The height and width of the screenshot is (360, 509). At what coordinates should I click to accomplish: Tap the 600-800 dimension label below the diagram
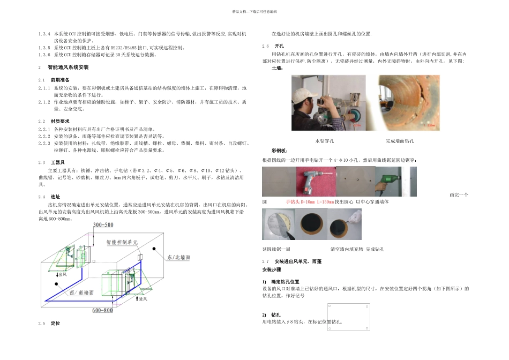coord(103,310)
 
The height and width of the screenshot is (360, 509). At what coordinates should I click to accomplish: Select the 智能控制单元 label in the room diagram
coord(122,243)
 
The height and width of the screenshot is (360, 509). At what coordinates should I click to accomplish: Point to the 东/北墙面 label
coord(178,258)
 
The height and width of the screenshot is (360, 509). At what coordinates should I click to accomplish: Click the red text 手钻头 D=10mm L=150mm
coord(310,202)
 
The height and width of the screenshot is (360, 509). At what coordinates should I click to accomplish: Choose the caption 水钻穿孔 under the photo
coord(324,141)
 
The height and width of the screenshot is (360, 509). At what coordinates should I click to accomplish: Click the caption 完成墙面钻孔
coord(399,141)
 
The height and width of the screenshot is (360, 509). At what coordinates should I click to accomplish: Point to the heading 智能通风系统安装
coord(68,68)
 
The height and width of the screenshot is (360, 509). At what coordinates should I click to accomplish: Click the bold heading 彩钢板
coord(280,151)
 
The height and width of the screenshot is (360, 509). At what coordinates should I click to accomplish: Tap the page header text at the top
coord(254,11)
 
